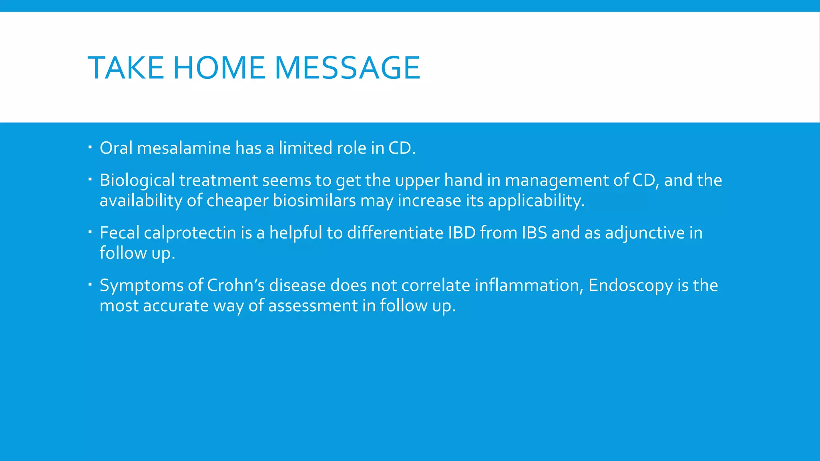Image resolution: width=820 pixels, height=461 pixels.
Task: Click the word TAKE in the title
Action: (125, 68)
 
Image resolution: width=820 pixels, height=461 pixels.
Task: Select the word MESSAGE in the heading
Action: (347, 68)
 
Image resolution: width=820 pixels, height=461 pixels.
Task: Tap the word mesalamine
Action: (184, 148)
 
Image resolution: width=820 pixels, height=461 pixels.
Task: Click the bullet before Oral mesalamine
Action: (90, 147)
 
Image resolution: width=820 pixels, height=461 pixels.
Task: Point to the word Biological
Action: (137, 180)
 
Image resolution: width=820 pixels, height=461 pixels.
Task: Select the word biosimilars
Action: (314, 200)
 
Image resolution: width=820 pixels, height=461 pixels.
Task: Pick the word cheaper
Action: (237, 200)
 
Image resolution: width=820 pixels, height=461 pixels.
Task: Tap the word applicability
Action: (536, 200)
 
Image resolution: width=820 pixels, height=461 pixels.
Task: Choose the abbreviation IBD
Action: (461, 233)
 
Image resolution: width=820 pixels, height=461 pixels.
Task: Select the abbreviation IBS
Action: (534, 233)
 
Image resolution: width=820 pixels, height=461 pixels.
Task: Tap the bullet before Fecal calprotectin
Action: (90, 232)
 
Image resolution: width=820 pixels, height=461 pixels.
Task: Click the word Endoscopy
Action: (630, 285)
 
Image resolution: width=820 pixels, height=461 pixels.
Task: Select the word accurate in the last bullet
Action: (175, 306)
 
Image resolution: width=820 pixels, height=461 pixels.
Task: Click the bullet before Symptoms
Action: (90, 285)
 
